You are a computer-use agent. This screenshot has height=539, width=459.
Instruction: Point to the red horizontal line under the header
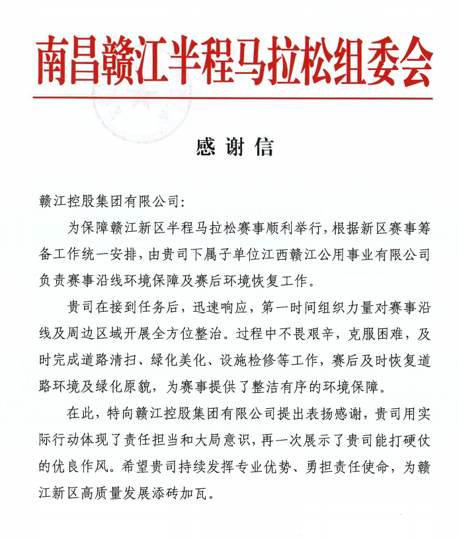click(231, 98)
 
